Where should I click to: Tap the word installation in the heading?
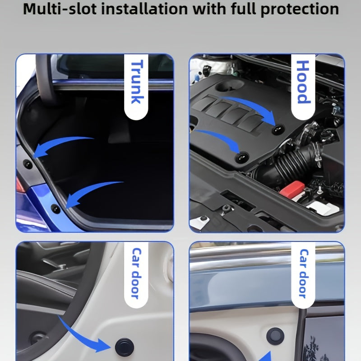[x=144, y=9]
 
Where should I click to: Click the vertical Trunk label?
[x=137, y=82]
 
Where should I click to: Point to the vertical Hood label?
[x=303, y=82]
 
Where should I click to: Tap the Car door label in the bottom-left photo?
[x=136, y=273]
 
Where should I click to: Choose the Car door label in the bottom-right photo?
[x=303, y=273]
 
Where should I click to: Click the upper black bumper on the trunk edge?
[x=28, y=164]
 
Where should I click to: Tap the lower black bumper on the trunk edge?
[x=56, y=209]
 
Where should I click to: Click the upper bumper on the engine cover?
[x=278, y=129]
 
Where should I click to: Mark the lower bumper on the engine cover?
[x=241, y=157]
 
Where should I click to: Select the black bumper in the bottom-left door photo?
[x=125, y=347]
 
